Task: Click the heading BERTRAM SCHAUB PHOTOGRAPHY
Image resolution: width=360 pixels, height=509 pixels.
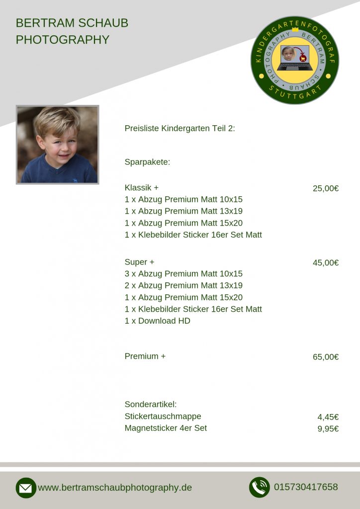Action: [x=72, y=31]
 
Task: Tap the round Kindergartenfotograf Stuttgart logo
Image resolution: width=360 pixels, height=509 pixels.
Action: [x=294, y=60]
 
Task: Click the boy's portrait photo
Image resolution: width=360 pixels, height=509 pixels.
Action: [x=57, y=145]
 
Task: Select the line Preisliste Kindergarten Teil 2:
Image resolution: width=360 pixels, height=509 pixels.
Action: [x=180, y=129]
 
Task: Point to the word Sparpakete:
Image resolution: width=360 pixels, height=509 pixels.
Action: [x=147, y=162]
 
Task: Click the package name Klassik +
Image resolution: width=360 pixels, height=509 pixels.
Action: [x=141, y=188]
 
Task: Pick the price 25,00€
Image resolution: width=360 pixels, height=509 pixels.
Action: [x=326, y=188]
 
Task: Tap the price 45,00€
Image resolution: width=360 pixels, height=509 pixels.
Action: [x=326, y=262]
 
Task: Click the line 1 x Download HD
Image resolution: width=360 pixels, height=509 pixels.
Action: [x=157, y=321]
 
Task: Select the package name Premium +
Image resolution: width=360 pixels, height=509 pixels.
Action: [x=145, y=356]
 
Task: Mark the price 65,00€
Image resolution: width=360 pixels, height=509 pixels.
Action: [x=326, y=357]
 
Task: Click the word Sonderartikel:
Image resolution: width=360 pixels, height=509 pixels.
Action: [x=151, y=405]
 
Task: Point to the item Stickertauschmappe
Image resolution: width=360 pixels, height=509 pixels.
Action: [x=163, y=417]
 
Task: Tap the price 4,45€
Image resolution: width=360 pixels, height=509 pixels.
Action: [x=328, y=417]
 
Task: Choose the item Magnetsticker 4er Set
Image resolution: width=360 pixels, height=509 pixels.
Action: [x=166, y=428]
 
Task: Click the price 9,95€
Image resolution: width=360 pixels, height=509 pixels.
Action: [x=328, y=429]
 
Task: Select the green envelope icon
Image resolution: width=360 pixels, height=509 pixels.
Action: [x=26, y=488]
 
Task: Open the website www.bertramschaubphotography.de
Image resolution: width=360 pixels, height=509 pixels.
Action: [x=115, y=488]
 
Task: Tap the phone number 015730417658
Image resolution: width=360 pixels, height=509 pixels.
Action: [x=306, y=487]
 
